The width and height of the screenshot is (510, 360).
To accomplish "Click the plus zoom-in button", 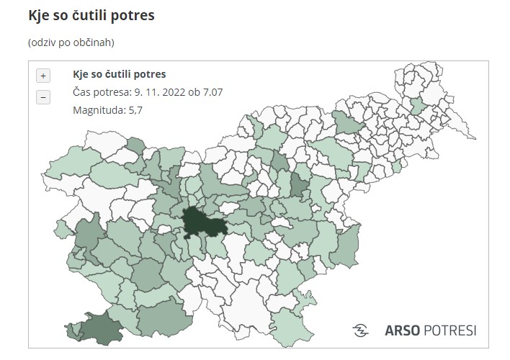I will coord(43,76).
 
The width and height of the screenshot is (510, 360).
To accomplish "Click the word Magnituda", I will coord(97,110).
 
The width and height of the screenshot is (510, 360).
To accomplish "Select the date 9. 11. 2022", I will coord(158,92).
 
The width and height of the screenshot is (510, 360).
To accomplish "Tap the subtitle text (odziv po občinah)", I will coord(71,42).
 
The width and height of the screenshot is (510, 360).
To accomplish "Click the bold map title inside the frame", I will coord(120,74).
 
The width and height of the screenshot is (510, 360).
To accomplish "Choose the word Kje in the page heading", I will coord(39,14).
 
